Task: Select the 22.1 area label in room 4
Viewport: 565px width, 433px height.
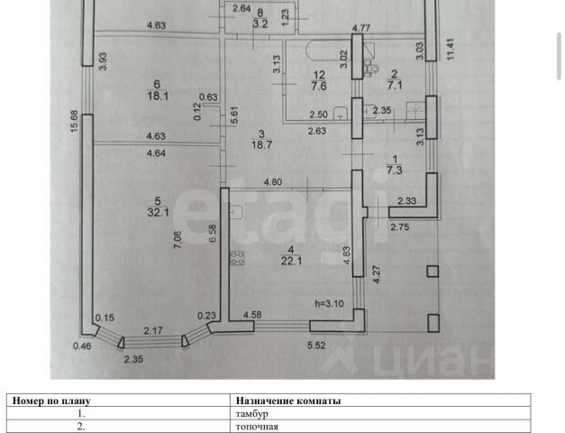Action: (x=290, y=262)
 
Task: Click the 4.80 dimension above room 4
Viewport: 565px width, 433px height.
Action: (x=273, y=183)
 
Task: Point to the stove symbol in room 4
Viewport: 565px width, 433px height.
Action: (x=239, y=259)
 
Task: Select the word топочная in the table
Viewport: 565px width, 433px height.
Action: (x=256, y=427)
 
